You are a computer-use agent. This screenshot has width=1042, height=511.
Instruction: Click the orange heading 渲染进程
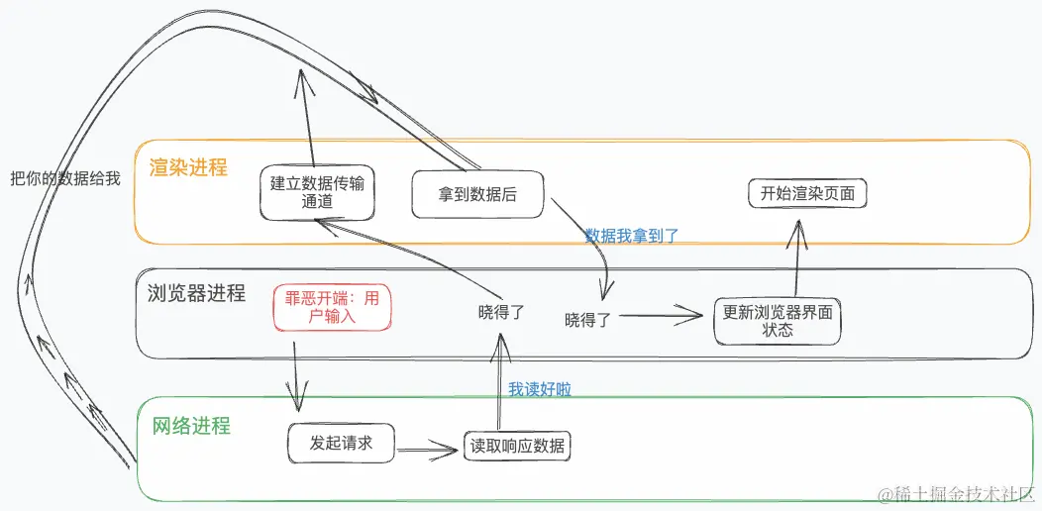[x=188, y=167]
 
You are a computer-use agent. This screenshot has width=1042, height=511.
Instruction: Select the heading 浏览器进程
[x=195, y=293]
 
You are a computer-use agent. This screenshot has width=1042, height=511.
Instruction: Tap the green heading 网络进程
[x=191, y=426]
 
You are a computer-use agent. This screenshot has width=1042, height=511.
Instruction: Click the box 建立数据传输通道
[x=317, y=192]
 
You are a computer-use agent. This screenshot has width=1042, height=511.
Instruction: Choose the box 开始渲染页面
[x=807, y=193]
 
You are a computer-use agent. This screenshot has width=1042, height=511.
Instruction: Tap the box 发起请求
[x=341, y=443]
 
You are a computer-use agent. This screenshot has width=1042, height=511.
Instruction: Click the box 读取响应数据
[x=517, y=446]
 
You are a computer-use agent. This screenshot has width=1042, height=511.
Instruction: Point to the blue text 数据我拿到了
[x=632, y=236]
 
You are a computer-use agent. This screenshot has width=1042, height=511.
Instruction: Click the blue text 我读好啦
[x=540, y=389]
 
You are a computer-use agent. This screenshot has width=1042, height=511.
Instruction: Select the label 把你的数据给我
[x=64, y=179]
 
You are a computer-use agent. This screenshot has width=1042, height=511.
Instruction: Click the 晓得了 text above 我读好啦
[x=501, y=312]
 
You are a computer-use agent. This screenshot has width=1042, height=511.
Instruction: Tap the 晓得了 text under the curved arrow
[x=587, y=320]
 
